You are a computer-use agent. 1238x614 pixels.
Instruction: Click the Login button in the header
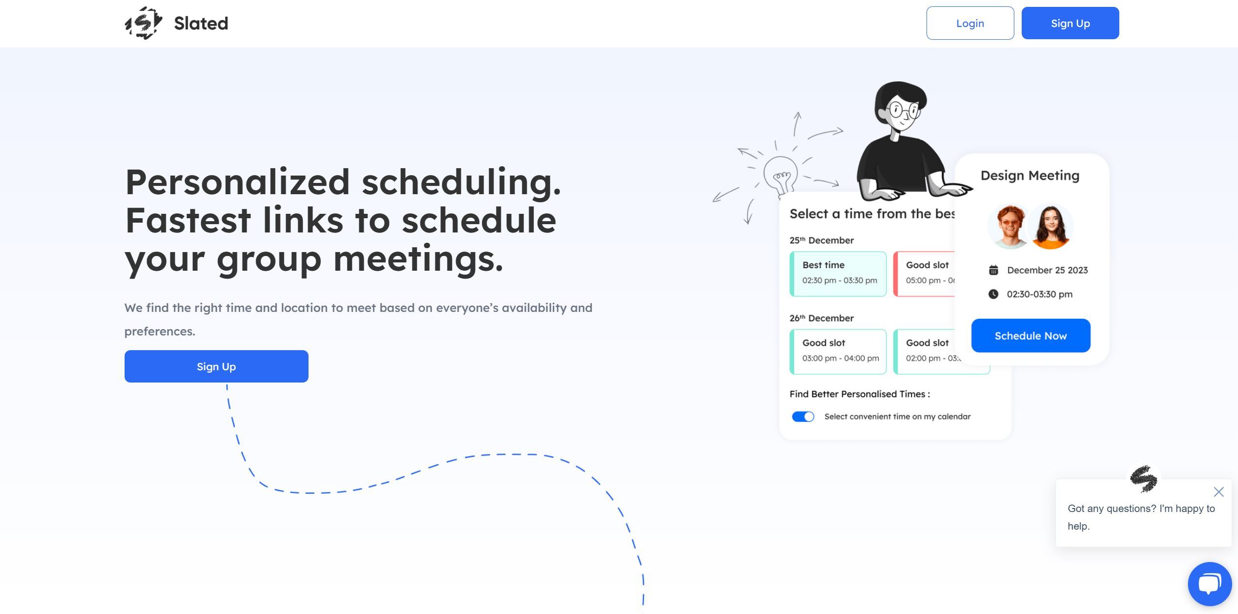point(970,23)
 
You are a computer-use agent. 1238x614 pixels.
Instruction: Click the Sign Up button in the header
point(1070,23)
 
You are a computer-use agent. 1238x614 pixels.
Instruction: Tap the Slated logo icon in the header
point(143,23)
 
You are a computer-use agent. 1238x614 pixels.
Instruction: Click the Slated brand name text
point(201,23)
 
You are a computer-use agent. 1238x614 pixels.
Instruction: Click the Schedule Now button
point(1031,335)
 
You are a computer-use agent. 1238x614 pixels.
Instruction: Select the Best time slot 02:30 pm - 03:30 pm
point(838,274)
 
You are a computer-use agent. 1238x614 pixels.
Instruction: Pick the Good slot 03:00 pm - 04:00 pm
point(838,352)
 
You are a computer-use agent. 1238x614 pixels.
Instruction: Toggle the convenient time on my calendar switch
point(803,416)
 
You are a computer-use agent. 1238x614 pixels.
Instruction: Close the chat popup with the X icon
point(1219,491)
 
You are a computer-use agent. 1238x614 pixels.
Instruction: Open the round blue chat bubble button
point(1210,584)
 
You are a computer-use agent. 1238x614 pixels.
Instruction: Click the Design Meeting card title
point(1030,176)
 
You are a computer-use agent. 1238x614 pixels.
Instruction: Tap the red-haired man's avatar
point(1009,227)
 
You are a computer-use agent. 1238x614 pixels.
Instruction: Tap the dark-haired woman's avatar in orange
point(1050,227)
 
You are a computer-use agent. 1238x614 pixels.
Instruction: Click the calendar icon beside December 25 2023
point(993,270)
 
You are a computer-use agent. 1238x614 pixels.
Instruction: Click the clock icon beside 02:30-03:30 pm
point(993,294)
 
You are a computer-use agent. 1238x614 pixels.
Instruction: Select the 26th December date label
point(822,318)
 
